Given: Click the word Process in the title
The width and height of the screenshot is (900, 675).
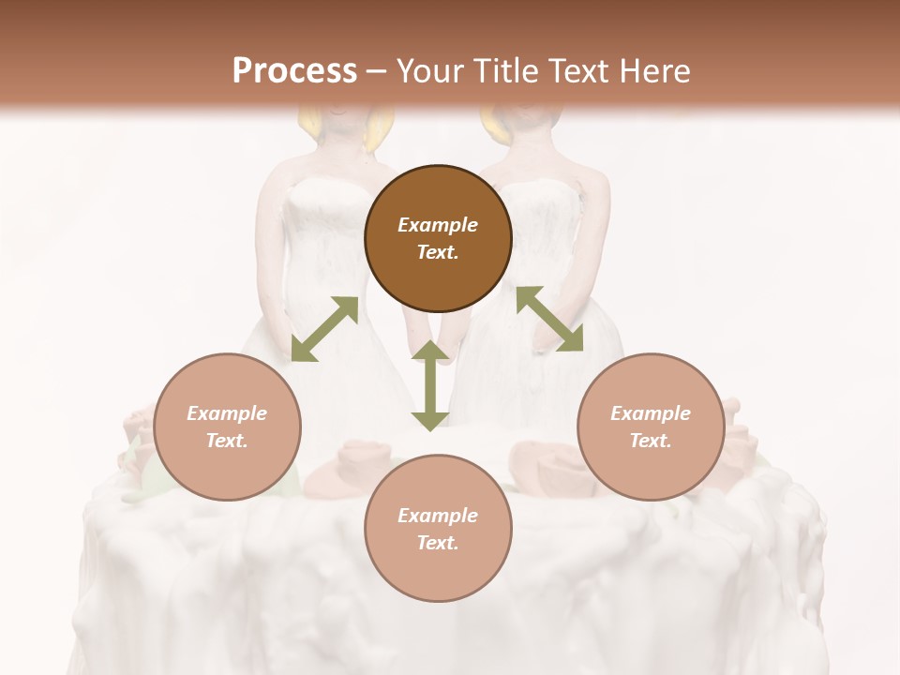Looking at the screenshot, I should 294,71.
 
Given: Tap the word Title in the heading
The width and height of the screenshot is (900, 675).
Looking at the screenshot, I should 505,71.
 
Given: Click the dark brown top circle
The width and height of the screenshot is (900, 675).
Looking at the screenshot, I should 438,239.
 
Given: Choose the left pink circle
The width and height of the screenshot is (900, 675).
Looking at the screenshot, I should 227,427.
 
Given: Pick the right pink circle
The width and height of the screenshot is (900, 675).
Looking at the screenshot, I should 651,427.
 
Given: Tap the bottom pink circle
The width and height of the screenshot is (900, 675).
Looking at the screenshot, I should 438,529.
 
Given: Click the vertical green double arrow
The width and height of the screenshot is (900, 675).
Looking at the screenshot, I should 430,386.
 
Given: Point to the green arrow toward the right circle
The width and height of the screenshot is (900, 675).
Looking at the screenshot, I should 549,320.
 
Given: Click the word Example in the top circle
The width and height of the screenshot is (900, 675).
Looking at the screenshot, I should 438,225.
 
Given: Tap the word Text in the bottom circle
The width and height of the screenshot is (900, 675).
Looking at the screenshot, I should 438,543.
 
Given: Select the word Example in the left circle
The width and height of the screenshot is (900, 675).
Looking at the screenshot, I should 227,413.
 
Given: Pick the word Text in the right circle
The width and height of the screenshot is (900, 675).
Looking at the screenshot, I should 651,441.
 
